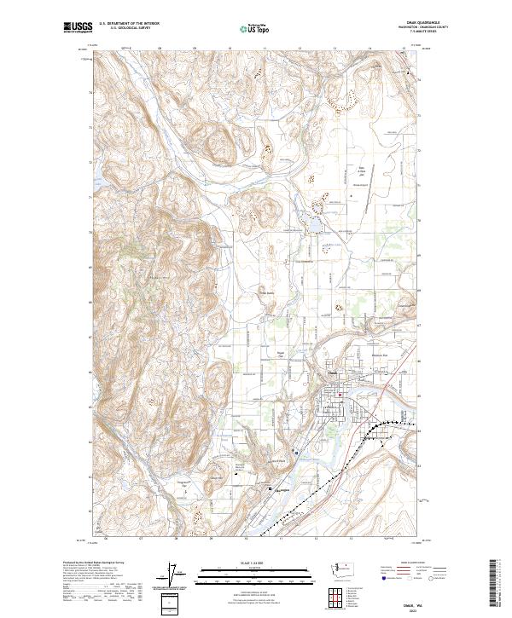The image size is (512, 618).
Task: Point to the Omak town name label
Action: [330, 373]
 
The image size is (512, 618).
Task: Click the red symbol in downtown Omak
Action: [340, 395]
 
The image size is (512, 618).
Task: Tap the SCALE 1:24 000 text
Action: [246, 562]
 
